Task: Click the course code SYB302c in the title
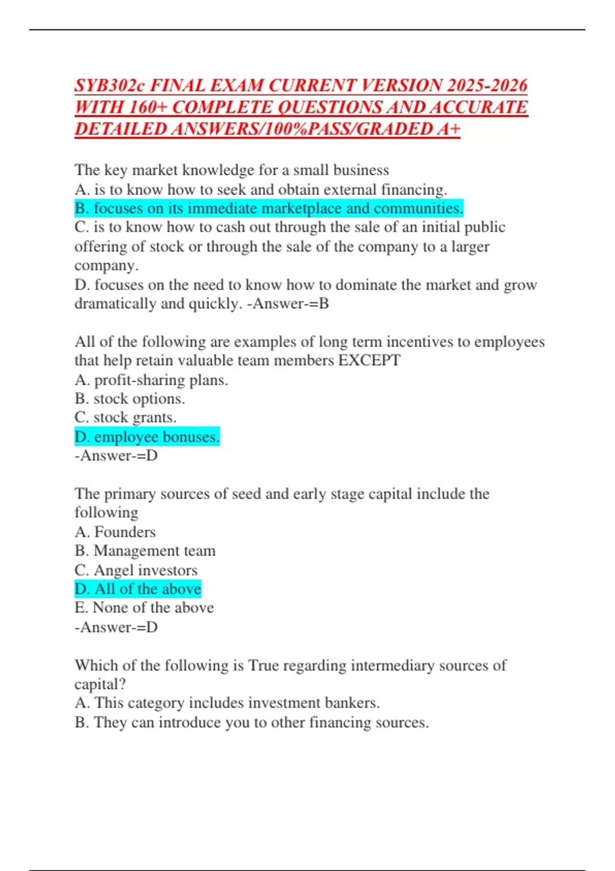[109, 85]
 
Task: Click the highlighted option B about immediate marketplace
[269, 209]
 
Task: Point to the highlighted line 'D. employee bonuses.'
[147, 437]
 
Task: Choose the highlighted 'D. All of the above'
[137, 589]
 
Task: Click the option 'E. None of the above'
[144, 608]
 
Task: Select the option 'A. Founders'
[115, 532]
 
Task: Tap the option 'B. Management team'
[145, 551]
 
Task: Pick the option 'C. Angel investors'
[136, 570]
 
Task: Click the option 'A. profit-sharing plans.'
[151, 380]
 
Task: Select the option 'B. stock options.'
[130, 399]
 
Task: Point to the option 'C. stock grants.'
[125, 418]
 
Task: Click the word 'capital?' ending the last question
[100, 684]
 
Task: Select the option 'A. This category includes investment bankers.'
[227, 703]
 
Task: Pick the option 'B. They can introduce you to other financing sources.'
[251, 722]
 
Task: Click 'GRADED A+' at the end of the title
[408, 129]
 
